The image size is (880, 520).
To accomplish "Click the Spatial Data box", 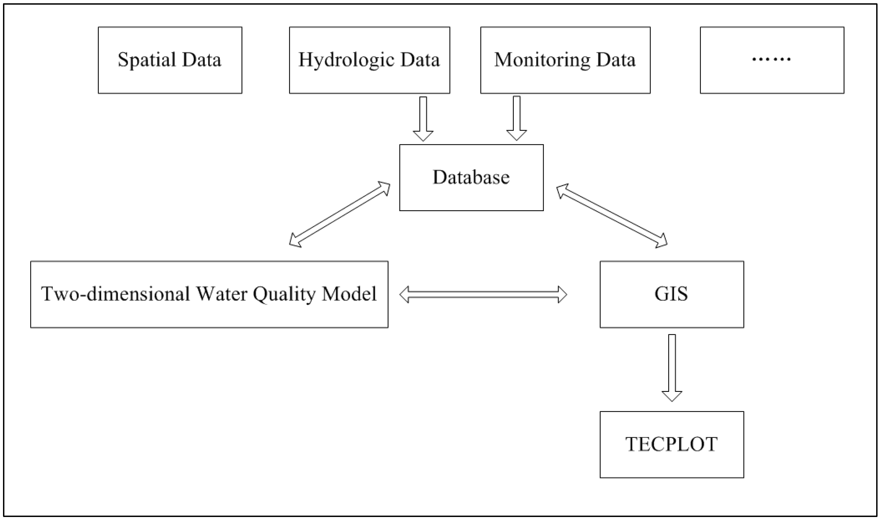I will point(170,60).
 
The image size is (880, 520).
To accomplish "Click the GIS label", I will point(671,294).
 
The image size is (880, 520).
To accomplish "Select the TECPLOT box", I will point(671,445).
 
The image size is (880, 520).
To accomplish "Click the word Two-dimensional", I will point(115,294).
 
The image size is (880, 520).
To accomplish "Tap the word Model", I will point(349,294).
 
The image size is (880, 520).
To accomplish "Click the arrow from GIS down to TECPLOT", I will point(671,367).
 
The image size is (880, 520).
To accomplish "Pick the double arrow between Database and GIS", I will point(612,216).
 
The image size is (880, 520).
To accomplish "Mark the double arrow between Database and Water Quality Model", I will point(339,214).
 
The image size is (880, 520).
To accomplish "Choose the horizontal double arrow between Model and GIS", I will point(483,294).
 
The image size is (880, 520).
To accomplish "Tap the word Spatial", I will point(147,60).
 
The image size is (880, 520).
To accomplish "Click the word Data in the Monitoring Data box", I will point(616,60).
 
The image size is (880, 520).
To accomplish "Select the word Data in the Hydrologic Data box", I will point(420,60).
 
